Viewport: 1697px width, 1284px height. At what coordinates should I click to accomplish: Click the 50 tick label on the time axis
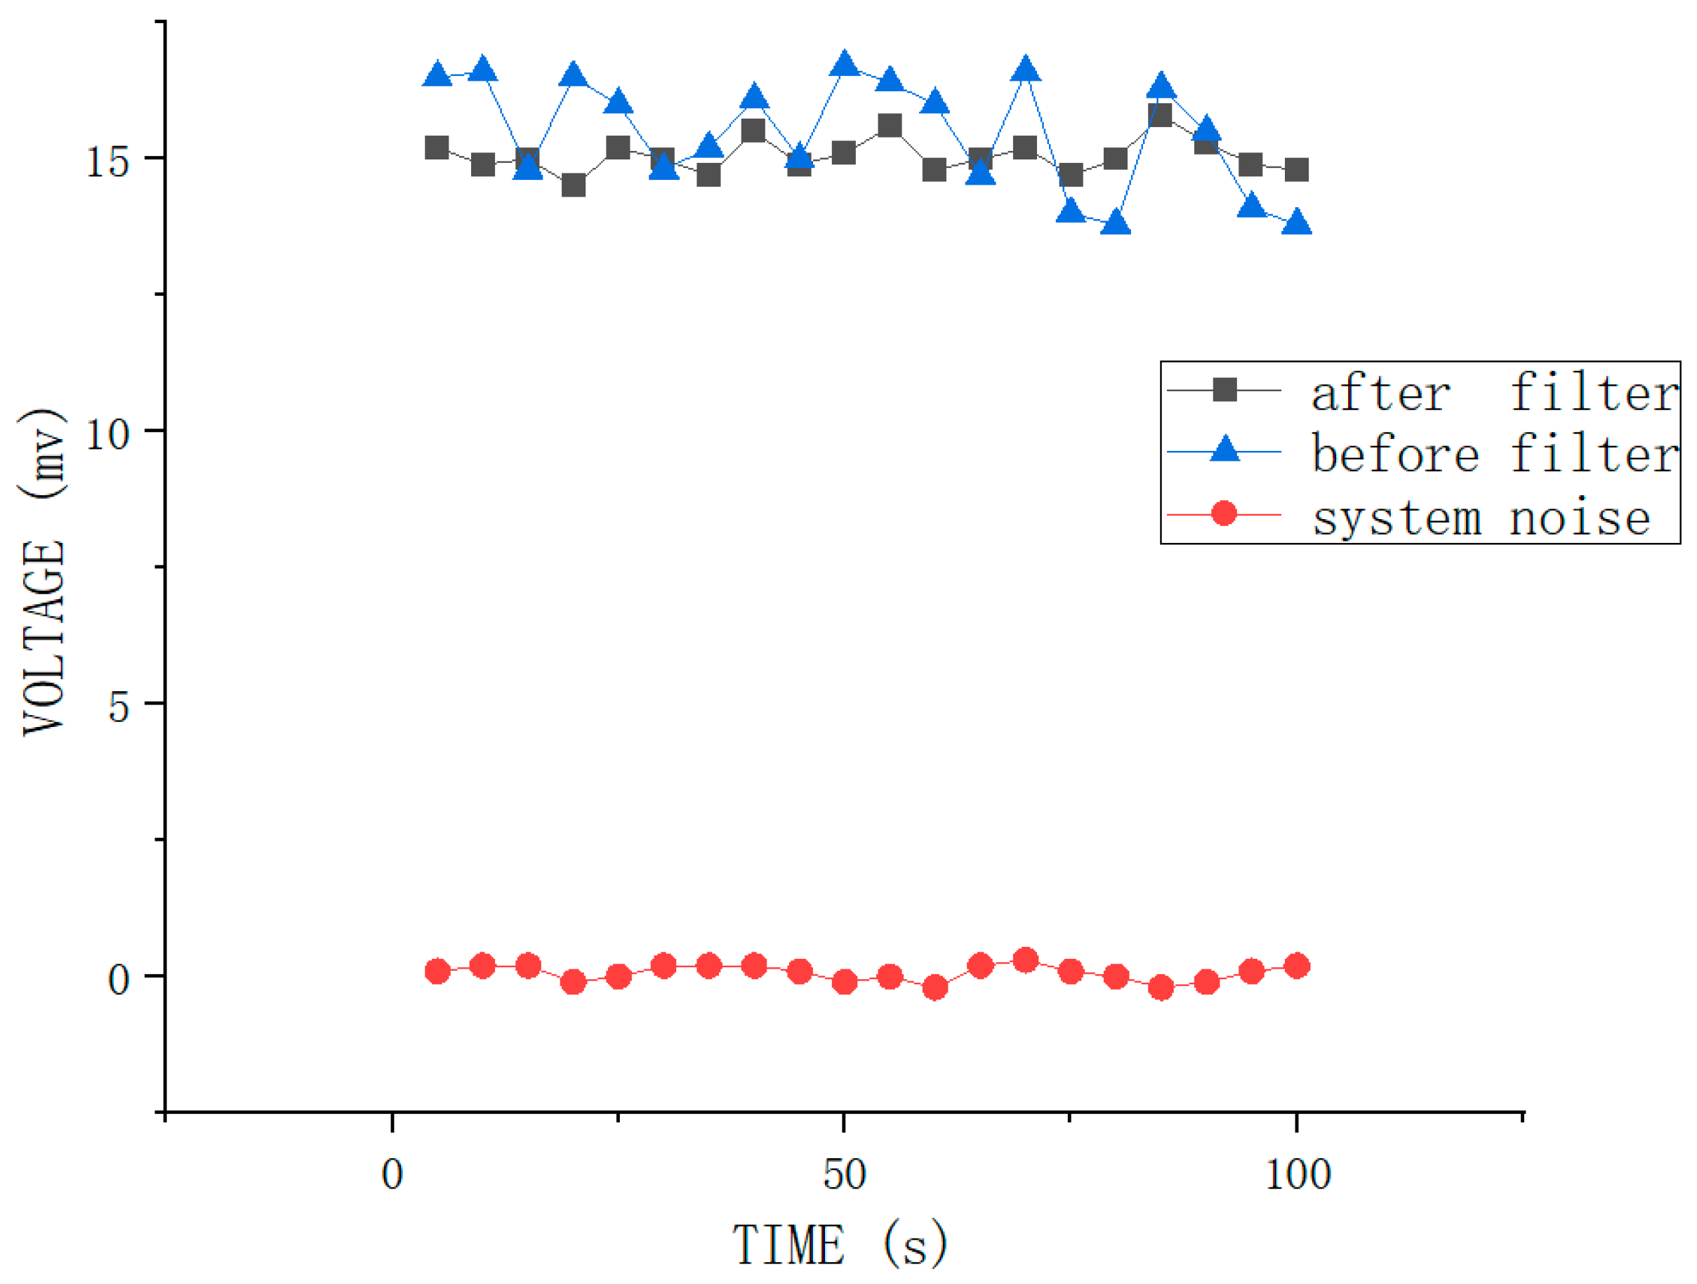click(x=845, y=1174)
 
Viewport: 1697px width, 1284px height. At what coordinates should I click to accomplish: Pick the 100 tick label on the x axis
click(x=1297, y=1174)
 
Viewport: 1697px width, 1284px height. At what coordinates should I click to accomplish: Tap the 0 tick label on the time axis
click(x=392, y=1174)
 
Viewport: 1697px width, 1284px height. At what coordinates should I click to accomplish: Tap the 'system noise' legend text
click(x=1481, y=518)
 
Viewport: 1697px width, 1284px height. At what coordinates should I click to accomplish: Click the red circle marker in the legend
click(x=1224, y=513)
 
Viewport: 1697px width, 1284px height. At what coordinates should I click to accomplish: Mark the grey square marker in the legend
click(x=1224, y=390)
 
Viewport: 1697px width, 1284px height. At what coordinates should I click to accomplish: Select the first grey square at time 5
click(x=437, y=148)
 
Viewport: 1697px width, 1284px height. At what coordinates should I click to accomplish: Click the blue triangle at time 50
click(x=845, y=65)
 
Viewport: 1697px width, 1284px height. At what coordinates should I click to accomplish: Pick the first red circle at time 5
click(x=437, y=971)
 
